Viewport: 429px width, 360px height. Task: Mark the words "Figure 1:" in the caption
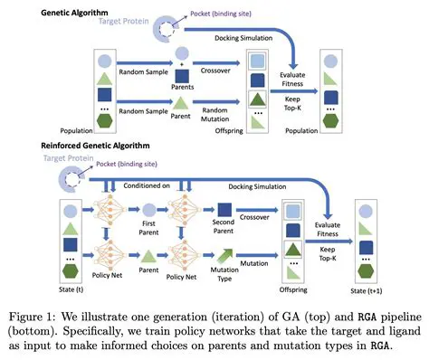click(43, 309)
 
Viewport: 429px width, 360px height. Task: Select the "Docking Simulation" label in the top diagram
click(244, 38)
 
